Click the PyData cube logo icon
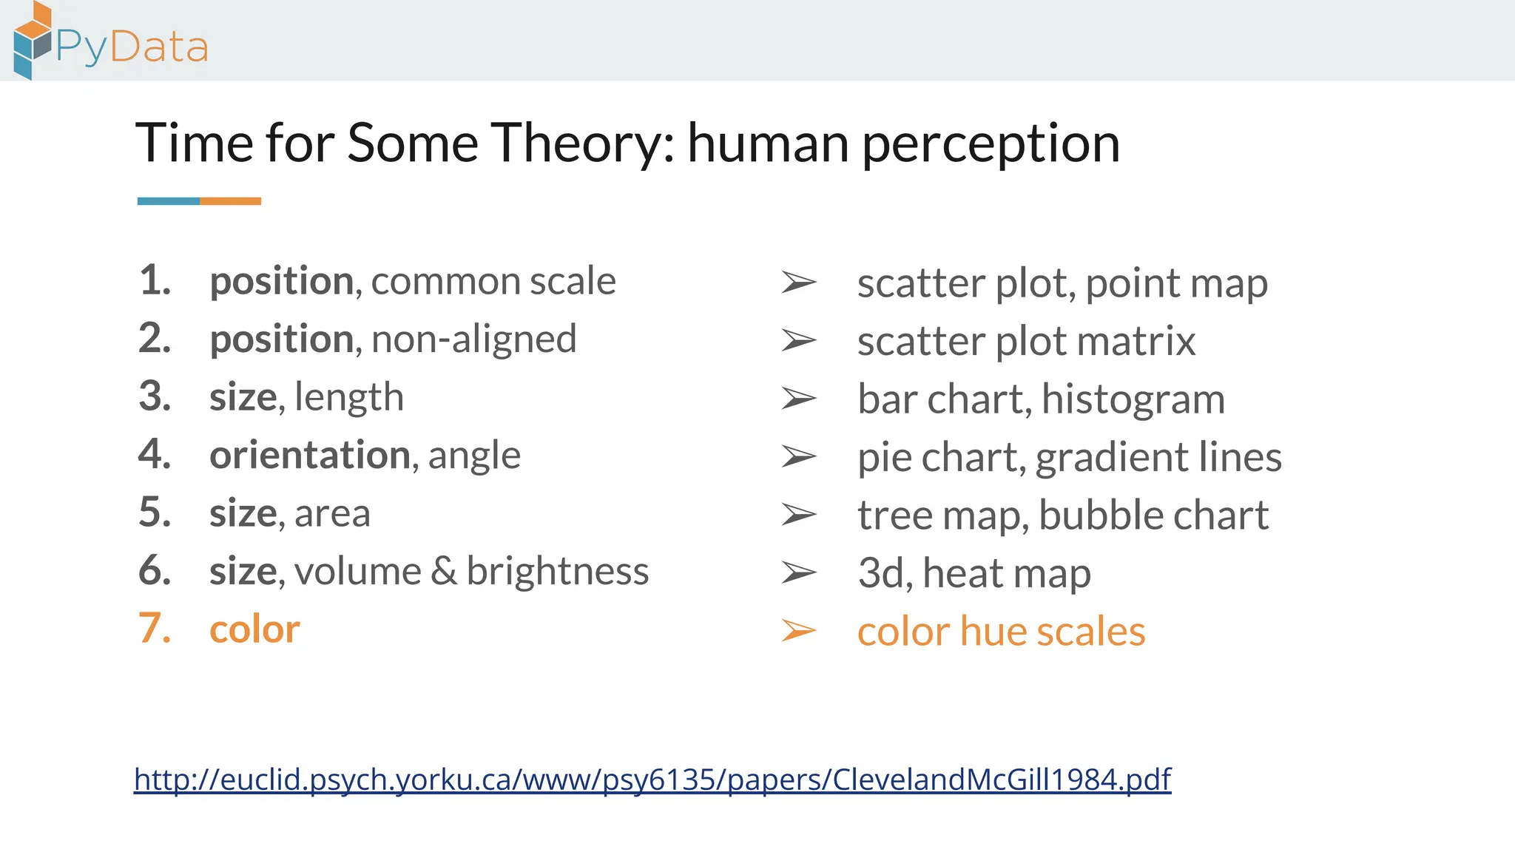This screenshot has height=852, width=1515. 33,40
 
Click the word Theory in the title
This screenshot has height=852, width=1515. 582,143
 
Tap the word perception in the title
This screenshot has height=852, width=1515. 991,144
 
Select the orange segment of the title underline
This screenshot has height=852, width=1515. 230,201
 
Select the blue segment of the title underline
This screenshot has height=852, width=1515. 169,201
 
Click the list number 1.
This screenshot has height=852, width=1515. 154,280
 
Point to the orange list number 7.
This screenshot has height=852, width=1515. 155,629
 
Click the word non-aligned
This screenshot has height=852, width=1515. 473,339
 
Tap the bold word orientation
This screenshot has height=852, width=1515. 309,455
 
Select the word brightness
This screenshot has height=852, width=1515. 558,571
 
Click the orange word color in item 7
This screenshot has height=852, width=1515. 254,629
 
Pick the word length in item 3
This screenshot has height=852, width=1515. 349,397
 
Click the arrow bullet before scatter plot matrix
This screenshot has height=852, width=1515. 799,341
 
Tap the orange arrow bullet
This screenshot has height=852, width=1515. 799,631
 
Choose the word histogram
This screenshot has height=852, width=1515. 1133,400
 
